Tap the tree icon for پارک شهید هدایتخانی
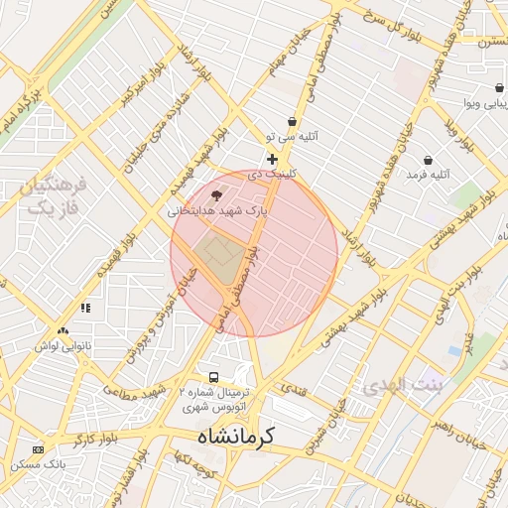217,195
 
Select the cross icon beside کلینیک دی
273,159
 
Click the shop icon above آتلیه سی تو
292,121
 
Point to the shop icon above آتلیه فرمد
428,159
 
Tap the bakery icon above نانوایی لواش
63,331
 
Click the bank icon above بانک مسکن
38,449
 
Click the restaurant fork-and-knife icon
85,308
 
